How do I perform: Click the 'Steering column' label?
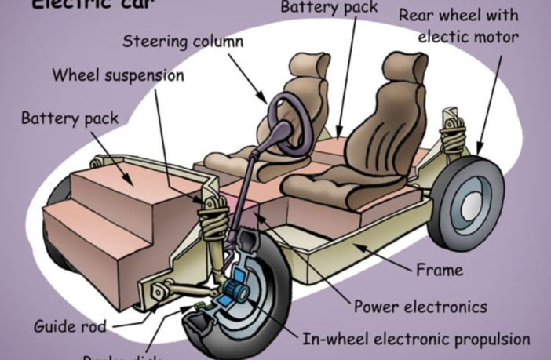(183, 41)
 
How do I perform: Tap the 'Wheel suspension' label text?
(118, 76)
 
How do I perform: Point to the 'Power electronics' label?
(420, 306)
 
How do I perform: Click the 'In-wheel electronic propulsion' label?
(416, 340)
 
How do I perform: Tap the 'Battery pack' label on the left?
(70, 118)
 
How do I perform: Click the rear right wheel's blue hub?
(471, 200)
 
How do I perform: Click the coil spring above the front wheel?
(212, 220)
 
